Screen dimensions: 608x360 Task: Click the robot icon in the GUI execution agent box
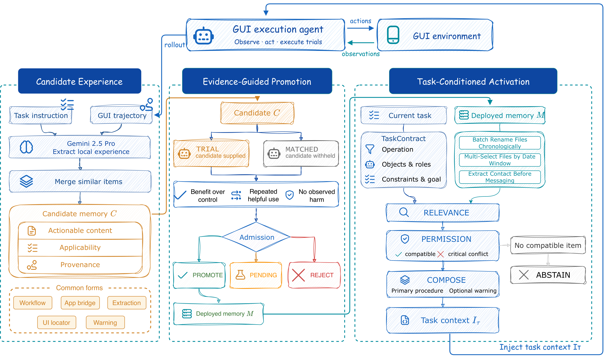(x=203, y=36)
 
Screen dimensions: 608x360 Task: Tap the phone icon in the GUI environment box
(x=393, y=35)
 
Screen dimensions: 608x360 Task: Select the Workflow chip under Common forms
(x=33, y=303)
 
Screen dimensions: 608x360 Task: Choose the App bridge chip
(x=80, y=303)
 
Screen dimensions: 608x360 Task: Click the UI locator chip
(x=56, y=323)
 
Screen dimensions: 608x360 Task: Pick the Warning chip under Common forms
(x=105, y=323)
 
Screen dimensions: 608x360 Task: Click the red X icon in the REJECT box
(x=298, y=275)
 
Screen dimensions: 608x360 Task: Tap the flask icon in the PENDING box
(x=240, y=275)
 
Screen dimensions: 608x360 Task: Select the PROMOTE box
(x=199, y=275)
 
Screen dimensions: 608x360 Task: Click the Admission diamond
(x=256, y=237)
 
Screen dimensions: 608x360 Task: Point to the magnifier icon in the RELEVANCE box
(x=404, y=212)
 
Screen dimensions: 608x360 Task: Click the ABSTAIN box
(x=548, y=275)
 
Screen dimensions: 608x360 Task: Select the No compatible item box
(x=548, y=245)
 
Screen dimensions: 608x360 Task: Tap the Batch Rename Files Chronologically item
(x=500, y=143)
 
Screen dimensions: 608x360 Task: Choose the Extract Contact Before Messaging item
(x=500, y=177)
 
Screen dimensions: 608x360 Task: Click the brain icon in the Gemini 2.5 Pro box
(x=26, y=147)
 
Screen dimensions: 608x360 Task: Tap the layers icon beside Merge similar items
(x=26, y=181)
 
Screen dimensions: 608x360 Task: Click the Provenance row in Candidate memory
(x=80, y=265)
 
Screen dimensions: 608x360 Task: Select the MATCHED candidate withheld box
(x=301, y=154)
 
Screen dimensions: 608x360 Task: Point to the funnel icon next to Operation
(x=370, y=149)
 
